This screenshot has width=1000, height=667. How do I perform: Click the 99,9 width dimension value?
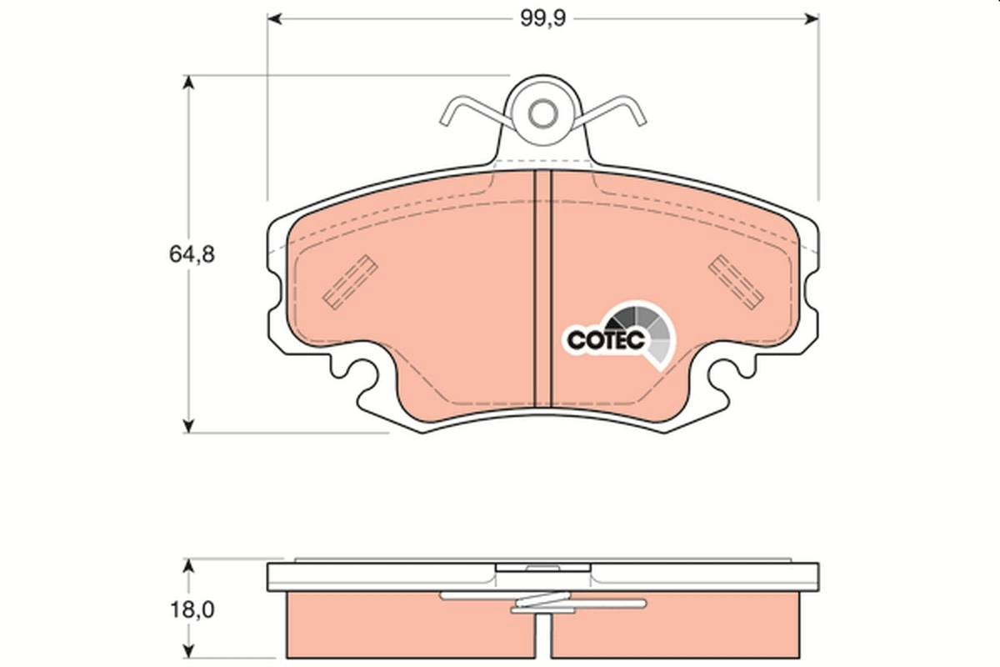click(x=542, y=19)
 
